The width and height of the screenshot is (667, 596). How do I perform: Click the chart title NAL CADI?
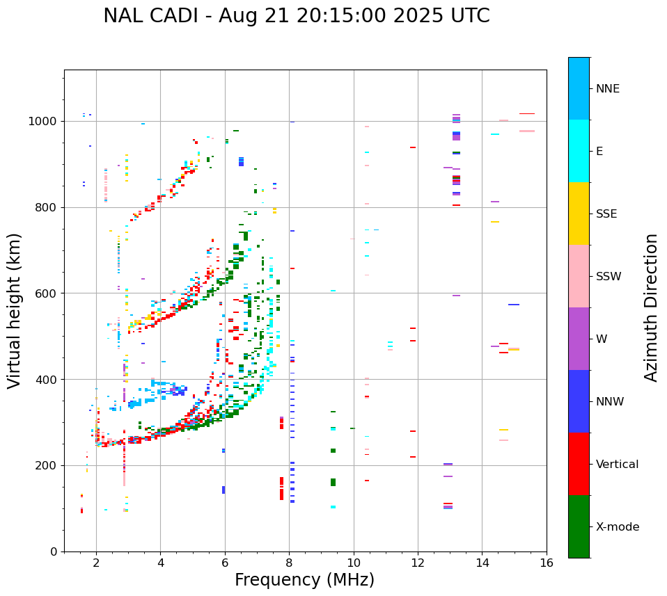point(296,16)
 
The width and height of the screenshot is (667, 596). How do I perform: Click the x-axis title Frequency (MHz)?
point(304,580)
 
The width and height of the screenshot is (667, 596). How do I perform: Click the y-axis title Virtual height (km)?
point(15,311)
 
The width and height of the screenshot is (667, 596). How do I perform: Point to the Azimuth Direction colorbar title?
point(651,307)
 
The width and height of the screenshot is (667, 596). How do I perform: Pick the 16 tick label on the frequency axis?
point(547,563)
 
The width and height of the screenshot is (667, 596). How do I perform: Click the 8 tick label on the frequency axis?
point(289,563)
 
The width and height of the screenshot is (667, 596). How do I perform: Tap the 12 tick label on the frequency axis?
point(418,563)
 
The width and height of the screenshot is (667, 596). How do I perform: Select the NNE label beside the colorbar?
point(607,89)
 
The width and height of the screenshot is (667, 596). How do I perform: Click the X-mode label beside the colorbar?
point(618,527)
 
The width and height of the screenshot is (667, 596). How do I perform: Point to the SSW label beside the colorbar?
point(609,277)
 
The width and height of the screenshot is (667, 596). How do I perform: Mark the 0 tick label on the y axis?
point(54,552)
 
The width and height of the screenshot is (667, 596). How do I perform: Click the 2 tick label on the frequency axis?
point(96,563)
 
